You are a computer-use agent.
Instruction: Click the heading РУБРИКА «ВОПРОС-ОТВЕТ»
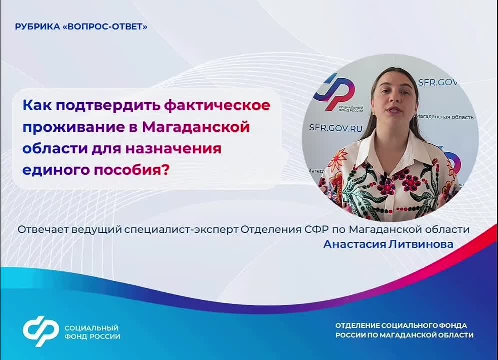point(81,27)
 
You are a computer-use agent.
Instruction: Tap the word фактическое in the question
point(217,105)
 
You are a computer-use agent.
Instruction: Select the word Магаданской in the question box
point(196,127)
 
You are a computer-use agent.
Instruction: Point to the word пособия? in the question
point(132,170)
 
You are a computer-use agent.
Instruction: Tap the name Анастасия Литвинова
point(388,244)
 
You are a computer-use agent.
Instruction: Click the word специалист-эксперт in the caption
point(181,229)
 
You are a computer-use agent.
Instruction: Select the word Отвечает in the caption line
point(43,229)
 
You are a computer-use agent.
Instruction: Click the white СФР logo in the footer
point(41,331)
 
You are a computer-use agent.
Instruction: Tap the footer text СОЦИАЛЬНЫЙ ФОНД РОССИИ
point(92,332)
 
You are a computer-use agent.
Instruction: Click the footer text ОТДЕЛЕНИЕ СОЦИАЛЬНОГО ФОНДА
point(401,325)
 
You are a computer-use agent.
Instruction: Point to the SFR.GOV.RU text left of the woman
point(335,128)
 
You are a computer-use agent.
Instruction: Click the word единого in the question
point(57,170)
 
